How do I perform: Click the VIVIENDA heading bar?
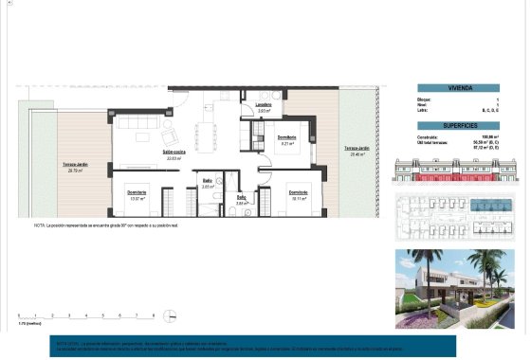pyautogui.click(x=458, y=87)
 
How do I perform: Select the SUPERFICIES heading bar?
pyautogui.click(x=458, y=125)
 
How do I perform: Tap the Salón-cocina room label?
pyautogui.click(x=173, y=154)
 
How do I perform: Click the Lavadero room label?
pyautogui.click(x=264, y=106)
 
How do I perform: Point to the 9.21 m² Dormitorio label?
pyautogui.click(x=287, y=140)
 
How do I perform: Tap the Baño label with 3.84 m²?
pyautogui.click(x=242, y=200)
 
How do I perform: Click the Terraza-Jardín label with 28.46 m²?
pyautogui.click(x=357, y=151)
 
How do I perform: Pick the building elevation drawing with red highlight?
pyautogui.click(x=458, y=171)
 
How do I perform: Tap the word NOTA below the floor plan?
pyautogui.click(x=40, y=225)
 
